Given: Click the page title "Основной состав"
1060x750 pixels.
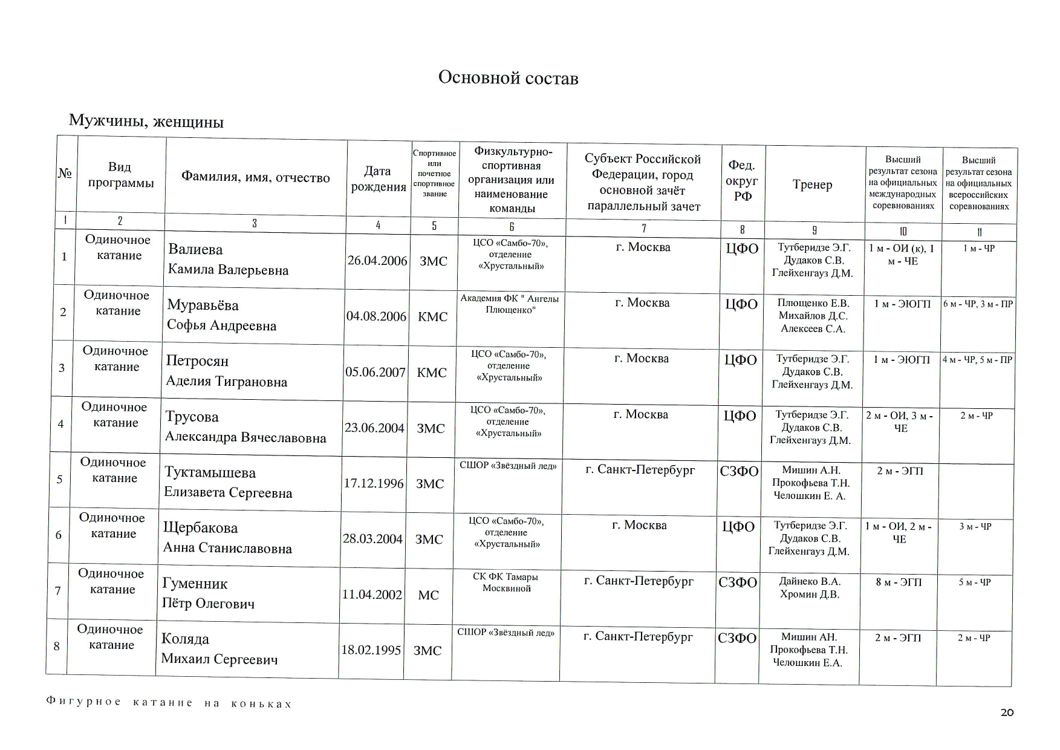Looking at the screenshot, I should (508, 79).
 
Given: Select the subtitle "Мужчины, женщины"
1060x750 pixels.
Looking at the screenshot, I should (146, 122).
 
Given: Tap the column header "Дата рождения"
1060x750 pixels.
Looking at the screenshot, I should (378, 179).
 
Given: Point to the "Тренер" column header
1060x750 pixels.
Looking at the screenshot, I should (812, 184).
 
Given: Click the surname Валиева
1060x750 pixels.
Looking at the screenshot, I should (195, 250).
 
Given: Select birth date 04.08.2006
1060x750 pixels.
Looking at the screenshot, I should (376, 316).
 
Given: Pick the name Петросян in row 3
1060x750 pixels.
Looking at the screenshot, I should (197, 361).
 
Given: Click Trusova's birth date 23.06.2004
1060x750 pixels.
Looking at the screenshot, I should (374, 428).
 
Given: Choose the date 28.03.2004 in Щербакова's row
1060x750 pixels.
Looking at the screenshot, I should (372, 539).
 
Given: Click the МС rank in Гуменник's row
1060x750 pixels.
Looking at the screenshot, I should (428, 595).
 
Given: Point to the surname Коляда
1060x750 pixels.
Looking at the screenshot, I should (185, 639).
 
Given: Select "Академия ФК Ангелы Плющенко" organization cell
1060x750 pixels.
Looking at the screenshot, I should (509, 304).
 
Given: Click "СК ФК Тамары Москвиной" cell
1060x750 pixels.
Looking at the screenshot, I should (506, 582).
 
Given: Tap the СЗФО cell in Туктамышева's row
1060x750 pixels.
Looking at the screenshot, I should (739, 472).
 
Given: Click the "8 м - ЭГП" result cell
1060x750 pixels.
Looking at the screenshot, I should (899, 582).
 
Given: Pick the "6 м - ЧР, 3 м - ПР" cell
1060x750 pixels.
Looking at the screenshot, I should (978, 304).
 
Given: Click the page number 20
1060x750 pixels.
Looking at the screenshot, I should (1007, 712).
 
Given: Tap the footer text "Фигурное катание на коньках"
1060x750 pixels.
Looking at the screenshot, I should (169, 703).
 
